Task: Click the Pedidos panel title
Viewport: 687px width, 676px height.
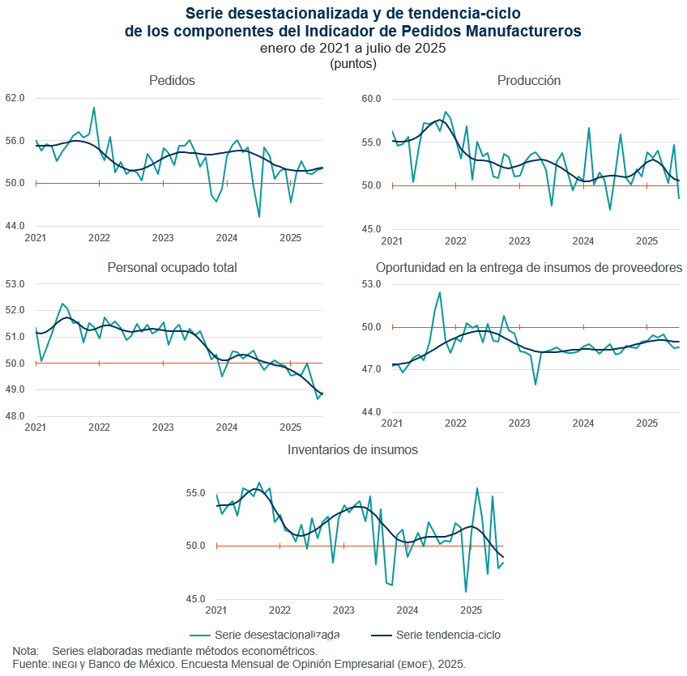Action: pos(172,80)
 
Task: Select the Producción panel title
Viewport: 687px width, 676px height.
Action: pos(529,80)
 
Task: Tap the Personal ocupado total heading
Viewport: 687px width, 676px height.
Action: pos(172,268)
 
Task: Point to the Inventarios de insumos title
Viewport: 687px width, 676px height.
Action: pos(353,449)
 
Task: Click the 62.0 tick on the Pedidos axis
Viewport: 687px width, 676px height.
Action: pos(15,98)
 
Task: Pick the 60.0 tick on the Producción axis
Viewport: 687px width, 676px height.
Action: pos(371,99)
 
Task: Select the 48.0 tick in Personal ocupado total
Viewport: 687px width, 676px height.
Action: pos(15,416)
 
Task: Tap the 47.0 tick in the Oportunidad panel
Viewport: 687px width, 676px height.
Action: pos(371,370)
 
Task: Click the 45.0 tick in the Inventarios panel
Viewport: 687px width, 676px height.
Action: pos(197,600)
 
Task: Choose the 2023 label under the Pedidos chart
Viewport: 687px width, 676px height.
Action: pos(163,238)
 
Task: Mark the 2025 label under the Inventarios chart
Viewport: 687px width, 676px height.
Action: pos(471,610)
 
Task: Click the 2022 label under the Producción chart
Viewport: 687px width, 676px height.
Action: pos(455,241)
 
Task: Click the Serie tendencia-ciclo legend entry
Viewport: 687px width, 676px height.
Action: pos(447,635)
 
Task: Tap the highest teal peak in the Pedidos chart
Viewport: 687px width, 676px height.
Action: pos(94,108)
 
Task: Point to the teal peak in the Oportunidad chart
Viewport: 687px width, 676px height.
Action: pos(440,292)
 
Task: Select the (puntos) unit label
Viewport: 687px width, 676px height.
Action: pos(353,63)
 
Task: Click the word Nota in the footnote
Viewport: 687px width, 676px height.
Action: pos(25,651)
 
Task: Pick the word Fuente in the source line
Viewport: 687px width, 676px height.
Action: pos(29,664)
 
